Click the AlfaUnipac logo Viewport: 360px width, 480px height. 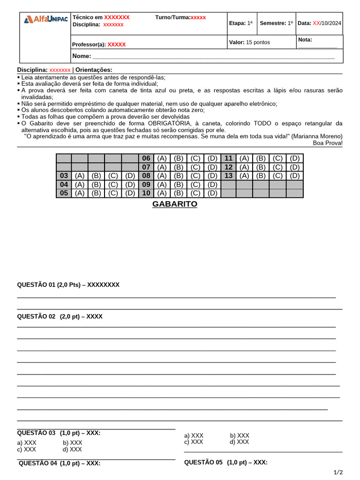[x=45, y=19]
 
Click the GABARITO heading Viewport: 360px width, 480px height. [x=175, y=204]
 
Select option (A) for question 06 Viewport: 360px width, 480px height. [x=162, y=158]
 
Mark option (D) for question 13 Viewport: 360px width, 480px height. [x=294, y=176]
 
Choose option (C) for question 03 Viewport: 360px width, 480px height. [x=113, y=176]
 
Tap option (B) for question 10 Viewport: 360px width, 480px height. [x=179, y=193]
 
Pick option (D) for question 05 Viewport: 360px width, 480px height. [x=130, y=193]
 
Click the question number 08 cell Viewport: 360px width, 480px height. [x=146, y=176]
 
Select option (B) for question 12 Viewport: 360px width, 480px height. [x=261, y=167]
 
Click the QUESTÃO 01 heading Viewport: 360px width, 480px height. [x=68, y=285]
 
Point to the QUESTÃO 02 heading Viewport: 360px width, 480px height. [x=60, y=316]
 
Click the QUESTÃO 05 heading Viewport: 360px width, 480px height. [x=225, y=462]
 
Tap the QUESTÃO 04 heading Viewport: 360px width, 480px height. [x=60, y=463]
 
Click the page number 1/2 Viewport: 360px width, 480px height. [x=338, y=472]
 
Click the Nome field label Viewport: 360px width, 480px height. [x=81, y=56]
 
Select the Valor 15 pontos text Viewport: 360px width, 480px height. [x=249, y=42]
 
